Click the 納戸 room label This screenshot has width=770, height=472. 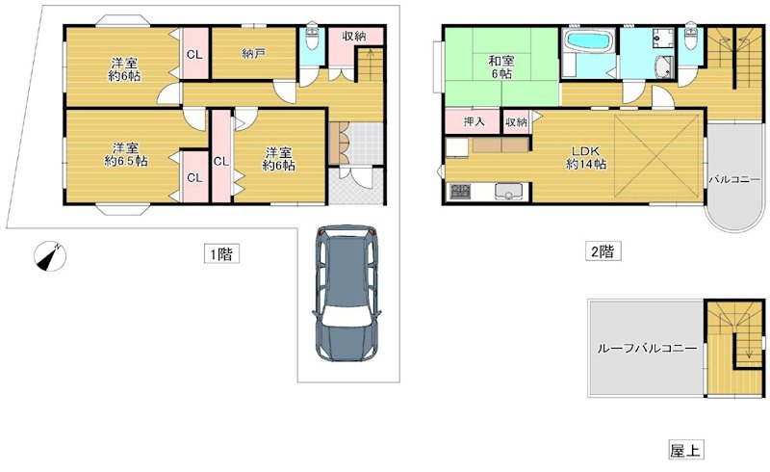[x=254, y=53]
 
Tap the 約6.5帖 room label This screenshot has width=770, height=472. [x=127, y=162]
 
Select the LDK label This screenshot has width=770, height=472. [x=585, y=151]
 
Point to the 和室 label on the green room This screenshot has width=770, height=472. [x=500, y=63]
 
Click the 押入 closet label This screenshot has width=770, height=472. [x=473, y=122]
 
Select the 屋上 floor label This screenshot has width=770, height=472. [x=683, y=450]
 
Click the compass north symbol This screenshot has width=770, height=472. [x=47, y=256]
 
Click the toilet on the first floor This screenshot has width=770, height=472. [x=311, y=40]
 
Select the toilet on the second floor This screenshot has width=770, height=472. [x=691, y=40]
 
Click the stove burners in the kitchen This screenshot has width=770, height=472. [x=457, y=192]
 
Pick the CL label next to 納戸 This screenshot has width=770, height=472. [x=194, y=54]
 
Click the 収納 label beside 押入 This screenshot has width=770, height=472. [x=516, y=122]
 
